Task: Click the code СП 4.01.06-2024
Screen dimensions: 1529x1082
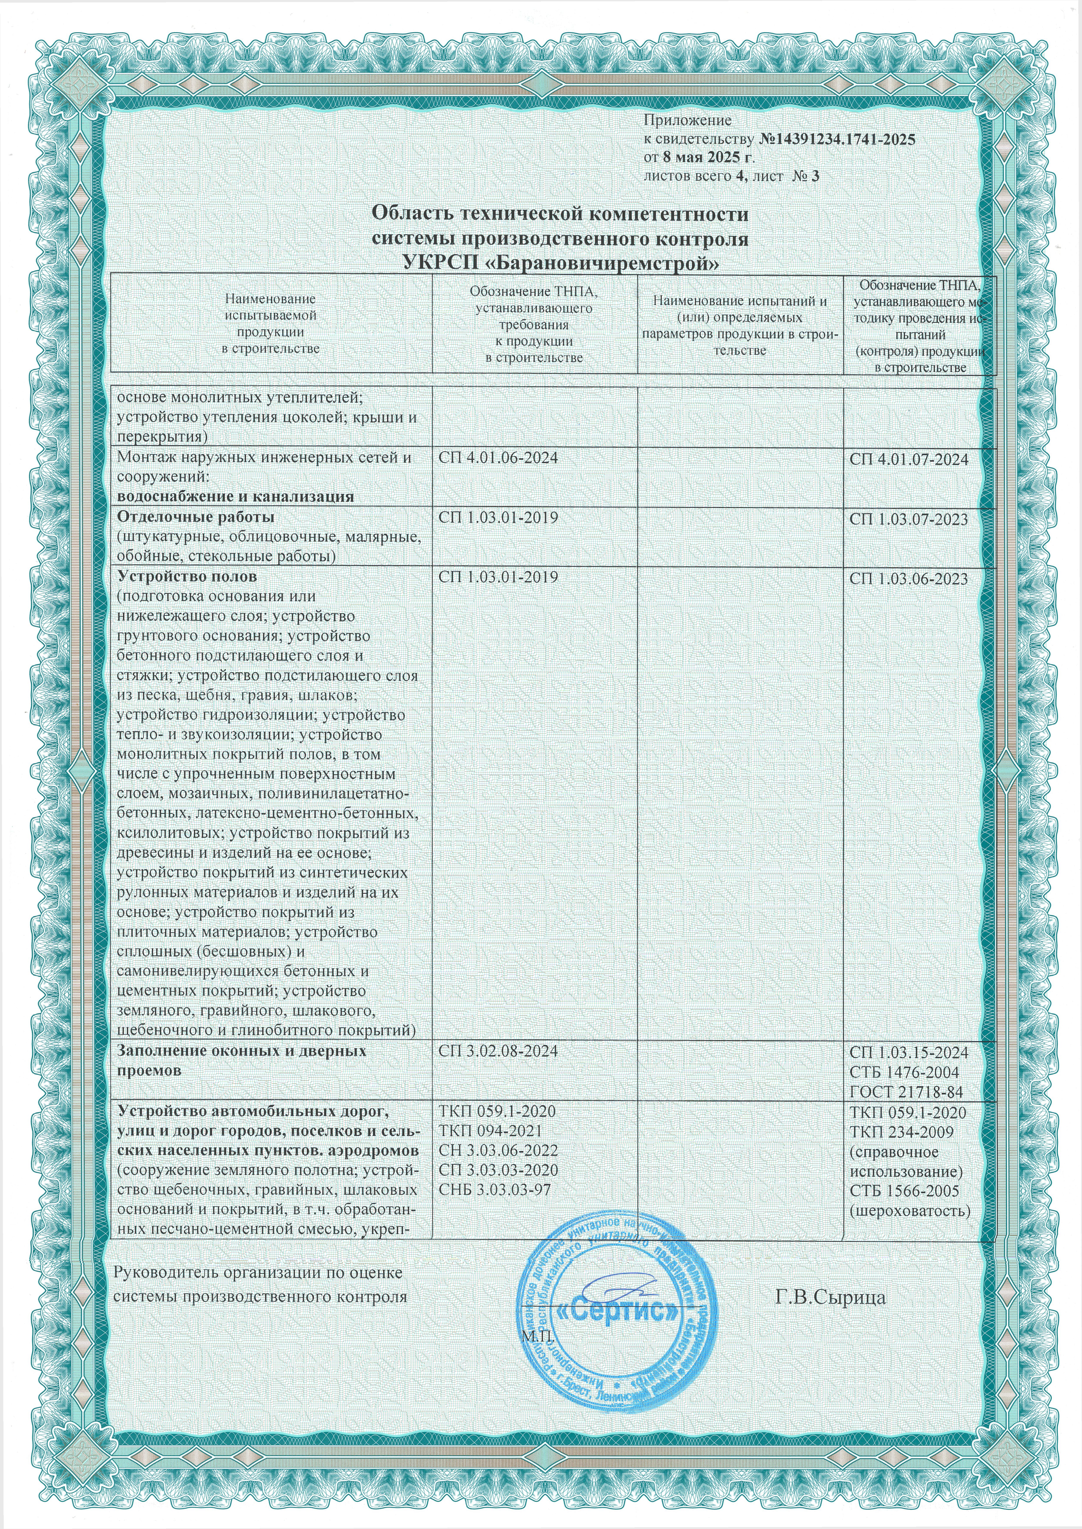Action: coord(498,458)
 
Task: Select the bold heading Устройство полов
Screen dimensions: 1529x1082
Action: coord(187,576)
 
